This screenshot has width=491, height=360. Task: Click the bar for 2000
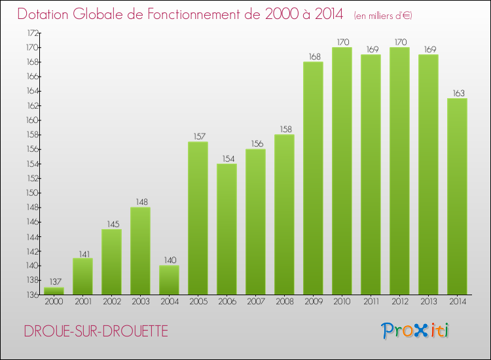(54, 291)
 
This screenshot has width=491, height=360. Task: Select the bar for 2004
(169, 279)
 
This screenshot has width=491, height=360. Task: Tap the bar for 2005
(198, 218)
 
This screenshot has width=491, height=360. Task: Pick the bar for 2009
(313, 178)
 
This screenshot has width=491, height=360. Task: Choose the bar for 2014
(457, 196)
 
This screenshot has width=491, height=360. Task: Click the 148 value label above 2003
(140, 202)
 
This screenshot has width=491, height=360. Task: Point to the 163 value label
(457, 93)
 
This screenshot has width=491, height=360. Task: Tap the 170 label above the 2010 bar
(342, 42)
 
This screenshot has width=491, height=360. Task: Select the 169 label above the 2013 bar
(428, 49)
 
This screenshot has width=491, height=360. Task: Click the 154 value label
(227, 158)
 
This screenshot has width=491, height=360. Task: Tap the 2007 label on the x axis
(255, 302)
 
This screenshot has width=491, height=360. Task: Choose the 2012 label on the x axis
(399, 302)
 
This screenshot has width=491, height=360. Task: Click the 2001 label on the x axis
(82, 302)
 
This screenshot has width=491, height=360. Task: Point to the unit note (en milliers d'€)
(384, 15)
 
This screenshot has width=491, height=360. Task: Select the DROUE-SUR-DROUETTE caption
(96, 331)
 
